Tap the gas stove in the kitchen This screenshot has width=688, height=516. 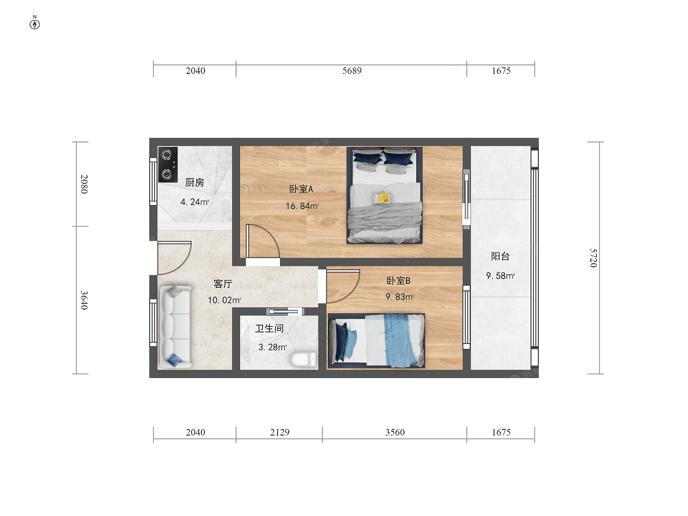click(x=168, y=164)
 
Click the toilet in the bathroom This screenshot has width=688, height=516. click(x=303, y=359)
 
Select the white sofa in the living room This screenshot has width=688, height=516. click(x=175, y=326)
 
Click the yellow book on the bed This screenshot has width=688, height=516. click(x=382, y=198)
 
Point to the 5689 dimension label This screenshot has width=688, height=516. click(x=352, y=71)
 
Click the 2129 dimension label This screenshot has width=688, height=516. click(x=280, y=432)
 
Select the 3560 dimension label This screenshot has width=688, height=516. click(x=395, y=432)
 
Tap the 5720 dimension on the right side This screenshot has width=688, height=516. click(x=594, y=258)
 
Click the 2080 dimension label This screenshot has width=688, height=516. click(x=84, y=184)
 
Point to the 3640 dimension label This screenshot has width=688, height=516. click(x=84, y=300)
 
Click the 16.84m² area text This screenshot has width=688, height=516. click(x=302, y=206)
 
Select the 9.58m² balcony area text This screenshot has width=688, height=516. click(x=501, y=276)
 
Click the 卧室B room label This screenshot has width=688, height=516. click(x=399, y=281)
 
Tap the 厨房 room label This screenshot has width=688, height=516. click(x=195, y=182)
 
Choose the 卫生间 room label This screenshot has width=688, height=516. click(x=269, y=329)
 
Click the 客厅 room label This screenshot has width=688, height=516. click(x=223, y=284)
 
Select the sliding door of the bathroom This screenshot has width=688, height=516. click(x=284, y=312)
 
